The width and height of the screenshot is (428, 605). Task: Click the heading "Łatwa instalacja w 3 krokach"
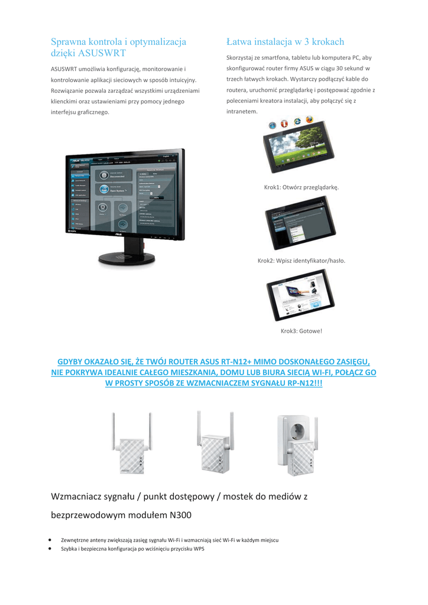pos(285,42)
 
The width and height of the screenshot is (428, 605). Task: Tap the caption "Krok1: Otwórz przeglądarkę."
pos(301,187)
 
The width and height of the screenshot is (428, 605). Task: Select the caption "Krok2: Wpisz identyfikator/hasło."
pos(301,261)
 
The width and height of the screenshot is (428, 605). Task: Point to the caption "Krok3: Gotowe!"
pos(301,331)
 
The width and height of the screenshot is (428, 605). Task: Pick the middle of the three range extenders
pos(214,447)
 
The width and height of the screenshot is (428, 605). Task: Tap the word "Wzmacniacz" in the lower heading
pos(77,496)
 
